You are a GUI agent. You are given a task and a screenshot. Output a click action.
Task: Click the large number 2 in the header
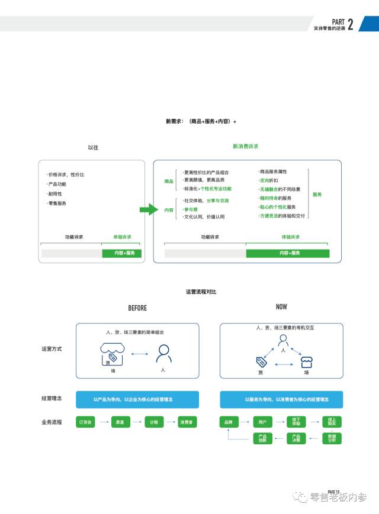[351, 24]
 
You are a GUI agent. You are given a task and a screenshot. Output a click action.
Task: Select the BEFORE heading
[137, 308]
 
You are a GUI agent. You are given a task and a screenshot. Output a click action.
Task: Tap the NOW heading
[281, 307]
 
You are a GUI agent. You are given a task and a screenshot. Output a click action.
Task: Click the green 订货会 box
[86, 422]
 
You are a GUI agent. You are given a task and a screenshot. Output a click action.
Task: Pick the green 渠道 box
[120, 422]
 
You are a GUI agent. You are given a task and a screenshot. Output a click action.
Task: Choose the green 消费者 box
[188, 422]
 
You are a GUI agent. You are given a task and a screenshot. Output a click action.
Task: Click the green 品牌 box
[229, 422]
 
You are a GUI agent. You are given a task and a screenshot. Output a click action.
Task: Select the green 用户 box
[263, 422]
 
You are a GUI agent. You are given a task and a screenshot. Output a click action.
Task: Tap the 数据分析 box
[332, 438]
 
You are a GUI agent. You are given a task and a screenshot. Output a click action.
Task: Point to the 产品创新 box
[263, 438]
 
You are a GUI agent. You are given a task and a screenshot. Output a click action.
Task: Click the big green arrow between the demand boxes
[146, 209]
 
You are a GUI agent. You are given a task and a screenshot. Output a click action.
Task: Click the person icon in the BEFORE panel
[163, 354]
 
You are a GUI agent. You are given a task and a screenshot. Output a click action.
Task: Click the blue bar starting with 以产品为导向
[137, 400]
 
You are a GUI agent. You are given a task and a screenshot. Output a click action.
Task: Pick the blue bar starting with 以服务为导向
[281, 400]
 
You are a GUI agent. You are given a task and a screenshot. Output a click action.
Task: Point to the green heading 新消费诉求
[245, 146]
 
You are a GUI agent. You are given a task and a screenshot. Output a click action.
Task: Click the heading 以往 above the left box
[92, 147]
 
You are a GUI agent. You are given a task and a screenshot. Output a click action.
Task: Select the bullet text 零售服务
[57, 203]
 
